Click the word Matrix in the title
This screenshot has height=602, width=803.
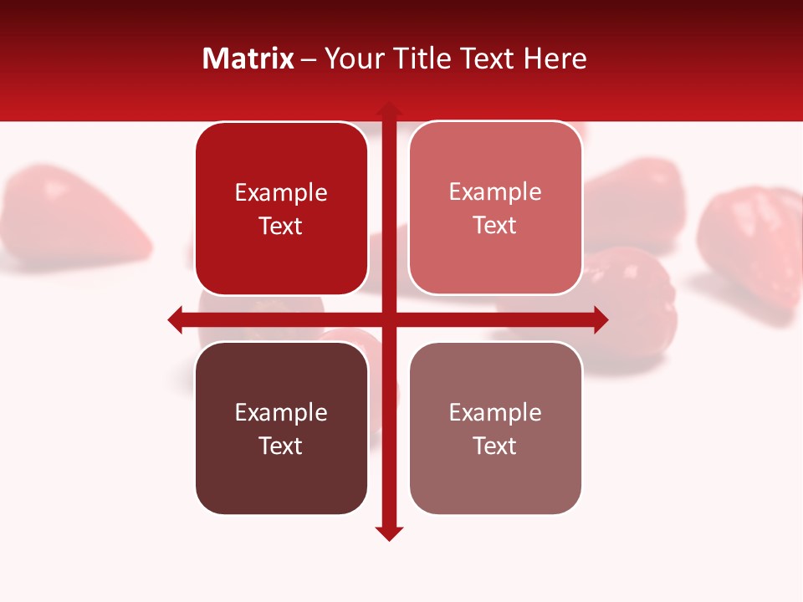tap(248, 59)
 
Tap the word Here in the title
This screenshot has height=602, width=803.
tap(555, 59)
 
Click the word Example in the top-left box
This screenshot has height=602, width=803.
tap(281, 193)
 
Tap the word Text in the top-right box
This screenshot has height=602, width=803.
tap(495, 226)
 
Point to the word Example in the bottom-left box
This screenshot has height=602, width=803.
tap(281, 412)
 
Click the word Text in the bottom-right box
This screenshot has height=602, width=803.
tap(495, 446)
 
